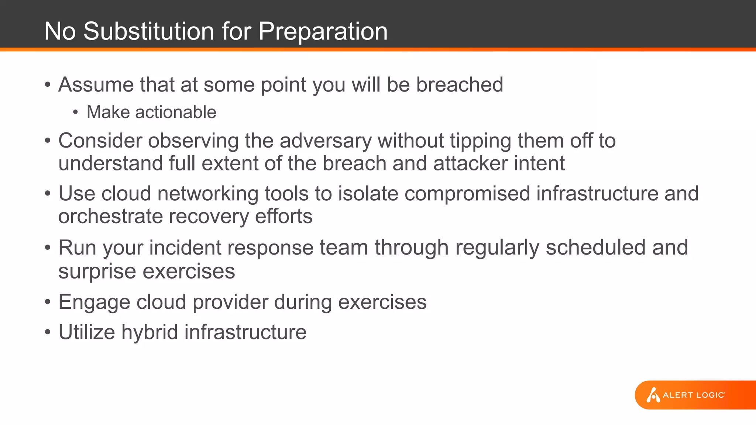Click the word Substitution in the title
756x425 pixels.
tap(149, 31)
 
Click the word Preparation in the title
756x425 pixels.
tap(323, 31)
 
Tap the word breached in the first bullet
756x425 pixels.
tap(460, 84)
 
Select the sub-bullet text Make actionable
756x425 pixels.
tap(151, 112)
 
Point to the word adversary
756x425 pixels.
tap(325, 141)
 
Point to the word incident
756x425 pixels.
tap(185, 248)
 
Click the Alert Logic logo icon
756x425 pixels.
tap(653, 395)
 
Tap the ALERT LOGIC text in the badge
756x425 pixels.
tap(694, 395)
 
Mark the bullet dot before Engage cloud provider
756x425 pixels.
tap(48, 302)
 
